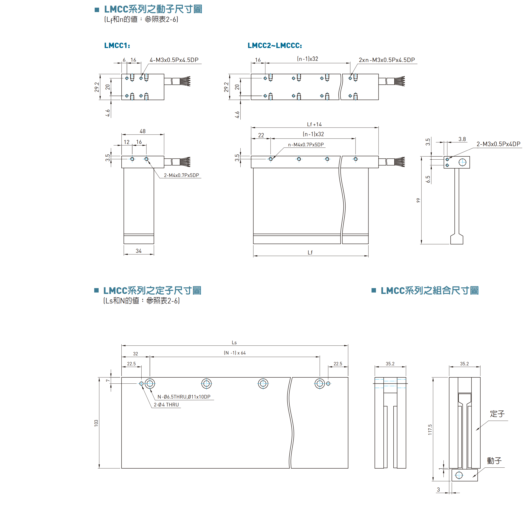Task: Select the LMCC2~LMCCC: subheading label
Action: pyautogui.click(x=275, y=46)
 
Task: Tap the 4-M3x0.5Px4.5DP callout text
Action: pyautogui.click(x=174, y=60)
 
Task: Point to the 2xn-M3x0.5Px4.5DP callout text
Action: pyautogui.click(x=387, y=60)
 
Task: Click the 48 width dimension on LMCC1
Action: pyautogui.click(x=142, y=131)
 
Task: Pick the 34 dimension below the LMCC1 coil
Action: pyautogui.click(x=139, y=251)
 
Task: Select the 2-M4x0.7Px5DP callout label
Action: pyautogui.click(x=181, y=175)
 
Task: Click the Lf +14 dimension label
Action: pyautogui.click(x=314, y=124)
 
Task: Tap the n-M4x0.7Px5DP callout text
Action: pyautogui.click(x=306, y=145)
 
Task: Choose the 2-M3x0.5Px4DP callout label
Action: pyautogui.click(x=498, y=144)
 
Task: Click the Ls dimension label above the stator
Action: pyautogui.click(x=234, y=343)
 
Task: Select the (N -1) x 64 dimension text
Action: pyautogui.click(x=234, y=353)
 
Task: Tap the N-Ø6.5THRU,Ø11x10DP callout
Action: pyautogui.click(x=184, y=397)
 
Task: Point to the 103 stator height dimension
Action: pyautogui.click(x=96, y=423)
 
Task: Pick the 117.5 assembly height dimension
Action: pyautogui.click(x=430, y=430)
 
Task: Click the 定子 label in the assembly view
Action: pyautogui.click(x=497, y=414)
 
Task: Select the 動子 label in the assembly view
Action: pyautogui.click(x=494, y=461)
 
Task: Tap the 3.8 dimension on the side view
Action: pyautogui.click(x=462, y=139)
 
